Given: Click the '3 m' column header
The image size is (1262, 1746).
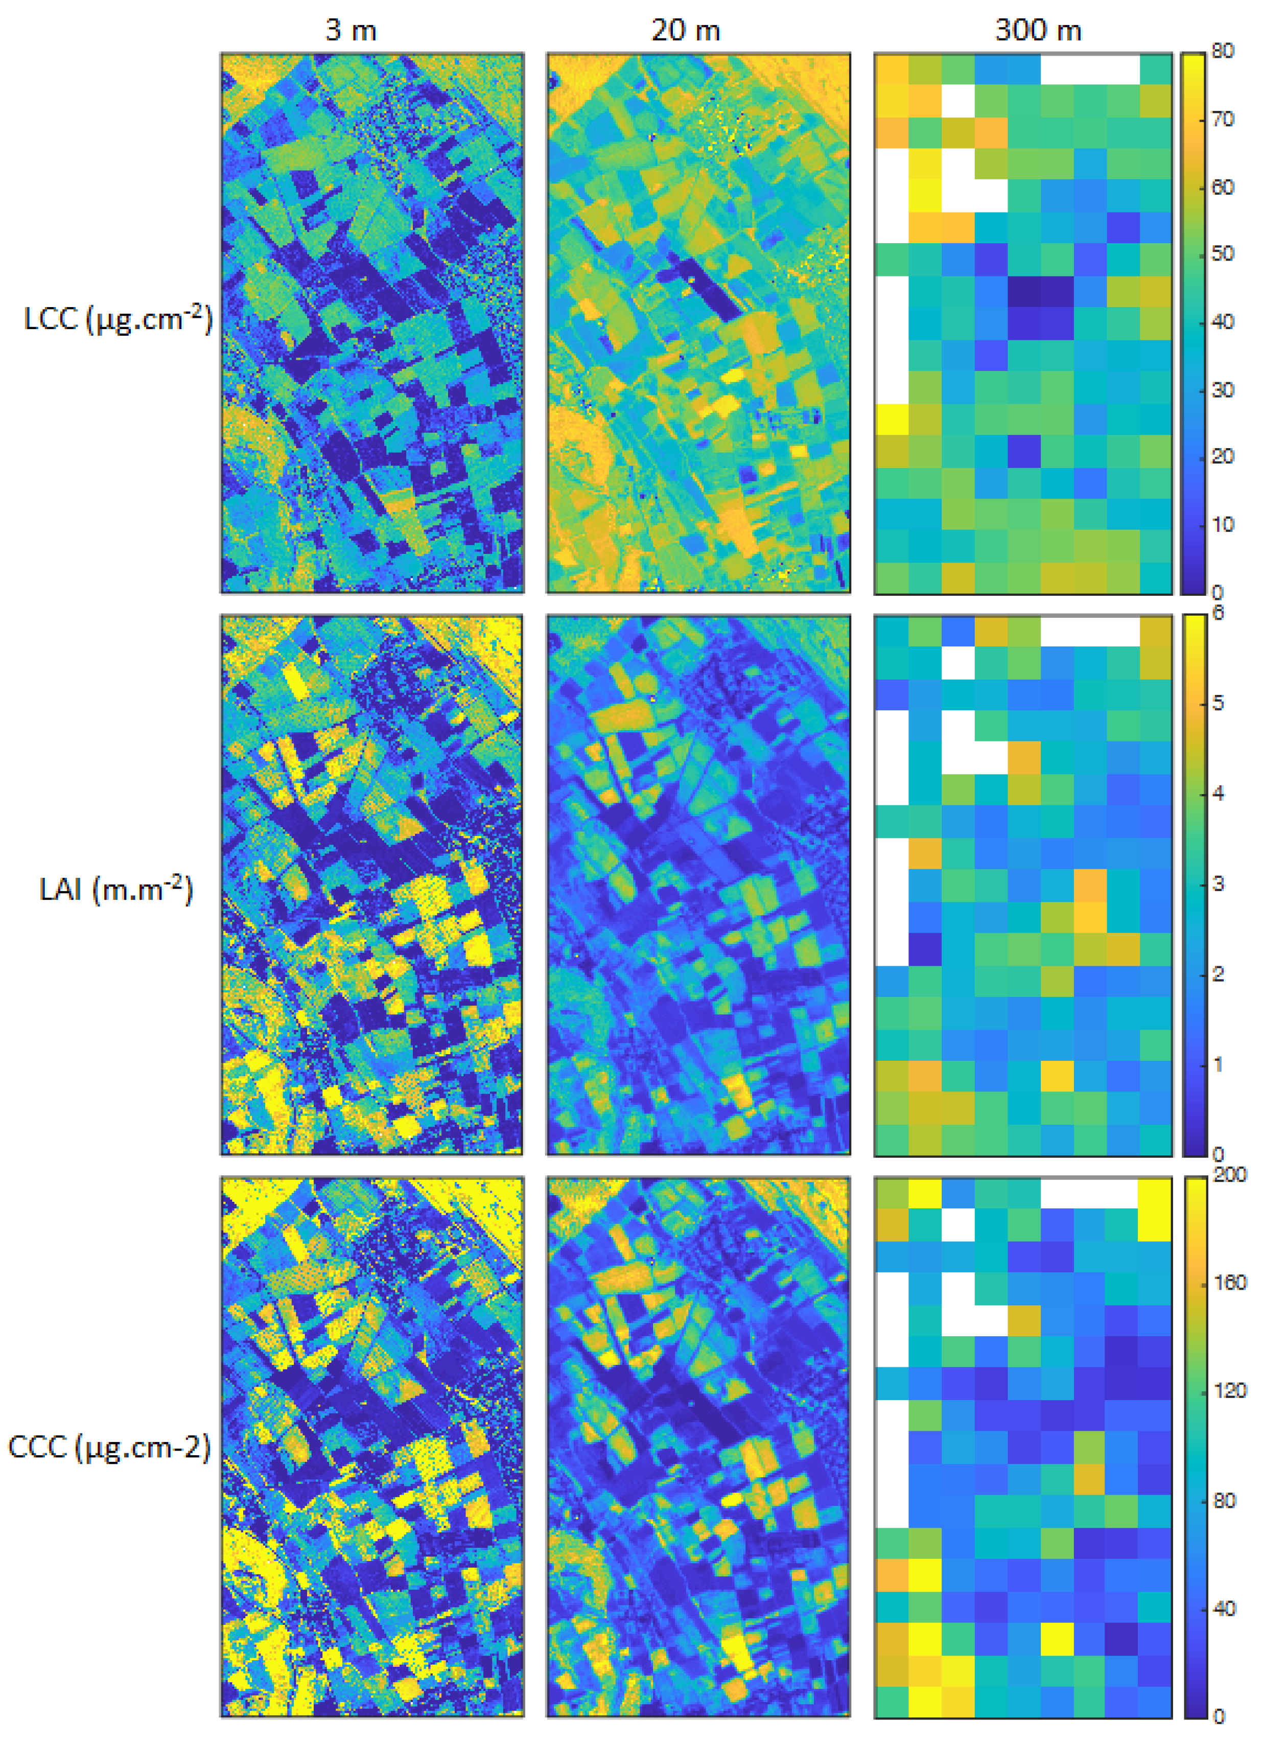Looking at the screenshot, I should pos(350,30).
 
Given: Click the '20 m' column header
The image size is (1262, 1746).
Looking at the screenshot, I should pos(685,30).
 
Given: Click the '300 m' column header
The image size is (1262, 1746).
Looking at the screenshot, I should pos(1037,30).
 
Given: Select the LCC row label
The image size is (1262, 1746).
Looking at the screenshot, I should pos(117,318).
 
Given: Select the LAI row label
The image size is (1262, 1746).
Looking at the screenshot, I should pos(115,889).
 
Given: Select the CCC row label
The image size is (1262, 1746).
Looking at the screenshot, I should pos(108,1447).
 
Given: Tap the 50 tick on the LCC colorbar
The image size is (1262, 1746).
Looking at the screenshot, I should pos(1222,253).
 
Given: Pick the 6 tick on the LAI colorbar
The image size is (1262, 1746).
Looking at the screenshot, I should pos(1218,614).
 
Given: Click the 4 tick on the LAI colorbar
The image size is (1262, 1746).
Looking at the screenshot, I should pos(1218,793).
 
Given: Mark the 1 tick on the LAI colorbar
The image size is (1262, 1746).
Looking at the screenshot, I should pos(1218,1065).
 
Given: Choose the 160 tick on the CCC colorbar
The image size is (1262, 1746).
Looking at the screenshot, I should pos(1229,1283).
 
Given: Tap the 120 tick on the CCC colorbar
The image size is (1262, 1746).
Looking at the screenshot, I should pos(1229,1390).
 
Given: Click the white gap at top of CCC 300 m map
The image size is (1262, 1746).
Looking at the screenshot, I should pos(1089,1192).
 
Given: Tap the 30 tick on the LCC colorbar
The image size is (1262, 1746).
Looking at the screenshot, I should pos(1222,389).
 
